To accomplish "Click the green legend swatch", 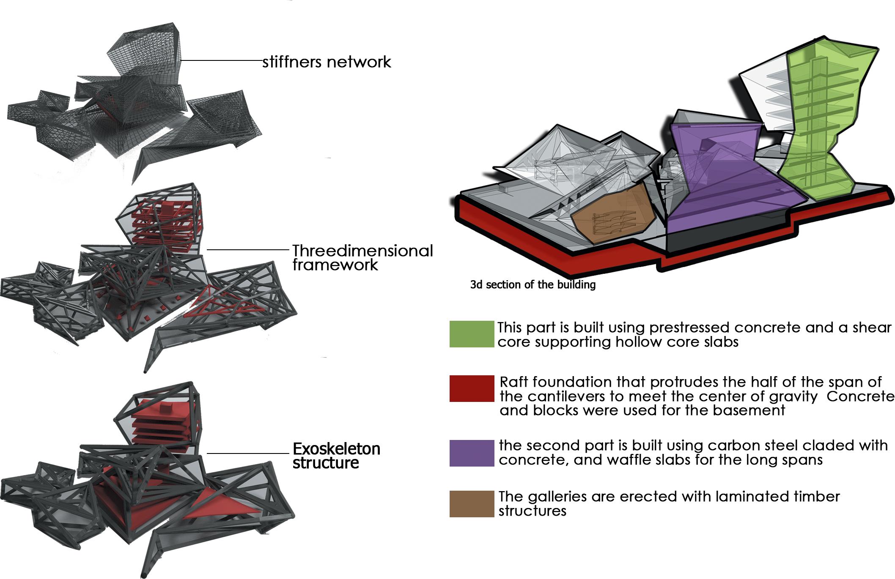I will tap(472, 334).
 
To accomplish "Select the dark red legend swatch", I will tap(472, 388).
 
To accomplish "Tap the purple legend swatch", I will tap(472, 453).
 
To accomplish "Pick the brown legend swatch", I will tap(472, 504).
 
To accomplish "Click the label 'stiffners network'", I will tap(327, 62).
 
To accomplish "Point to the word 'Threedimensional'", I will tap(362, 251).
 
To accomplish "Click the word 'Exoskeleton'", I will tap(336, 449).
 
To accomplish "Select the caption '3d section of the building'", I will tap(533, 285).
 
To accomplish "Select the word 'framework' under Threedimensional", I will tap(335, 265).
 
